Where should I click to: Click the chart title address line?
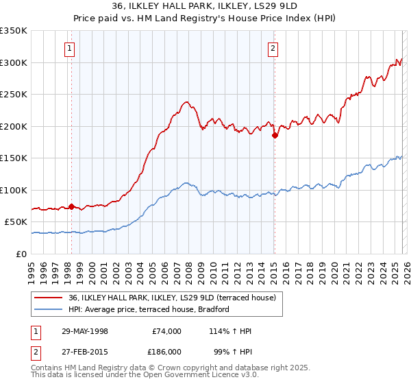[x=206, y=7]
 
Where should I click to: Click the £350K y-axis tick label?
[x=13, y=31]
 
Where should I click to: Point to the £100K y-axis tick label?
[x=13, y=190]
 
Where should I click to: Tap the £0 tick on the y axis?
[x=22, y=254]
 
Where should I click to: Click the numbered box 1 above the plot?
[x=71, y=48]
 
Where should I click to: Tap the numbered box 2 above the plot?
[x=273, y=48]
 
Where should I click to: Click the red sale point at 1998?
[x=71, y=206]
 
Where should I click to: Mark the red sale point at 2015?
[x=275, y=136]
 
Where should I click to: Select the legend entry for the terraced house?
[x=172, y=298]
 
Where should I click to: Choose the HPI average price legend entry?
[x=148, y=309]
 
